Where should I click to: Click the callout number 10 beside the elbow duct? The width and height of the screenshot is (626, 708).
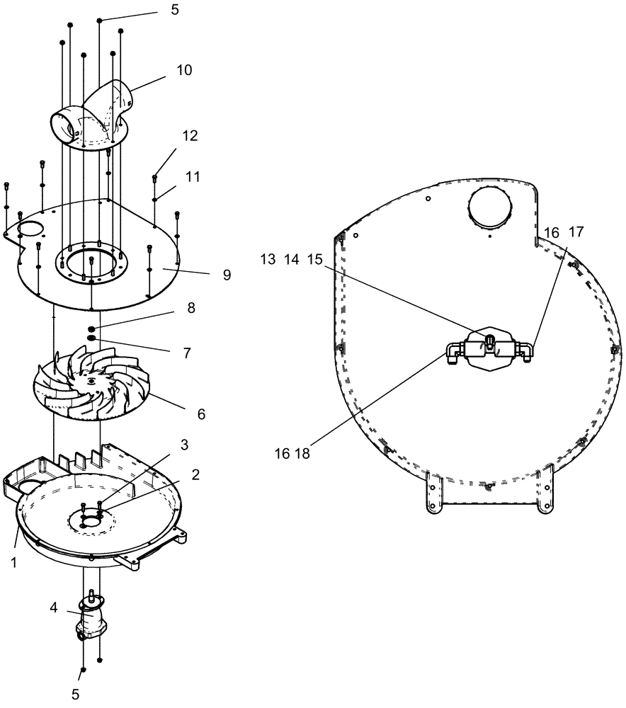tap(184, 70)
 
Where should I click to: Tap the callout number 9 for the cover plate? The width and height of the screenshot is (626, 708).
tap(227, 275)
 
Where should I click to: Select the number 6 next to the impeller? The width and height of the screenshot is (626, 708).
tap(201, 413)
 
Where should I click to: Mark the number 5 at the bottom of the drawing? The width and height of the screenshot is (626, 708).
tap(76, 695)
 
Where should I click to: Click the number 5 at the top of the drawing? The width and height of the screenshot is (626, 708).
tap(175, 11)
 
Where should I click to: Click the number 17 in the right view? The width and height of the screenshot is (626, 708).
tap(576, 232)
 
